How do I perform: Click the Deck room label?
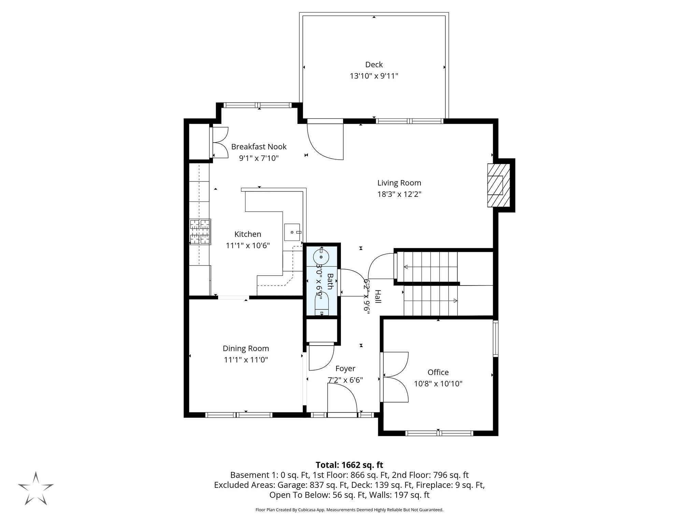coord(374,64)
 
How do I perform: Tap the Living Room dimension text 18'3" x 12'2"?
coord(399,194)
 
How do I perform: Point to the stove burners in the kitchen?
coord(200,232)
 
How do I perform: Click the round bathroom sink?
coord(321,257)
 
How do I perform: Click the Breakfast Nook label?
coord(259,147)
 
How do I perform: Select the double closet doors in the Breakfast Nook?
coord(219,142)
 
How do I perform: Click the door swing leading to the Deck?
coord(326,142)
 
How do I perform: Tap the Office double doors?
coord(395,377)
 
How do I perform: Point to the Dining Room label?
coord(246,348)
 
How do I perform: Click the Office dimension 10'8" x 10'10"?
coord(438,384)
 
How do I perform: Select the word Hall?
coord(378,296)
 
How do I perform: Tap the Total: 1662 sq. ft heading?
coord(349,465)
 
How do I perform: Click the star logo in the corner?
coord(36,488)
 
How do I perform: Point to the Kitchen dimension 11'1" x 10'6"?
coord(248,246)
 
